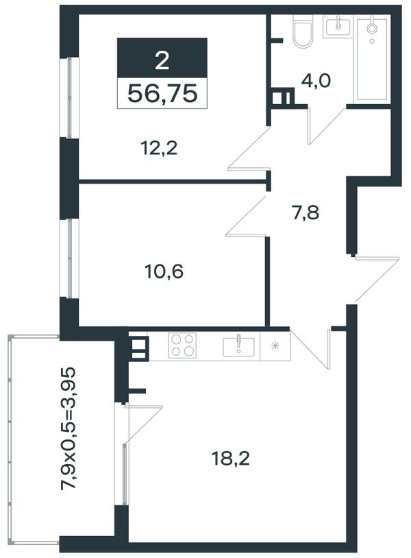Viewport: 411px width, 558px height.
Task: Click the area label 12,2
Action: [159, 148]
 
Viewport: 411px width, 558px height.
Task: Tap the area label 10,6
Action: [164, 272]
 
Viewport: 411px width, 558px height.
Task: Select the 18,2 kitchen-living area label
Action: [230, 459]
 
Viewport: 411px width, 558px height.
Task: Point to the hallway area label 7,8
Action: [306, 213]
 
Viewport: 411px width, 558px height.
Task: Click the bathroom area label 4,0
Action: [316, 81]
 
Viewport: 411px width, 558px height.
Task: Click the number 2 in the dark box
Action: [162, 60]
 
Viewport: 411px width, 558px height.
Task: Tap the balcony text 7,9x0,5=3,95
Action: [68, 429]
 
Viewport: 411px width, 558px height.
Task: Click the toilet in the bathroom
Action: [303, 32]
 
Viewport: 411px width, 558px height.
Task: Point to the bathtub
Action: [372, 60]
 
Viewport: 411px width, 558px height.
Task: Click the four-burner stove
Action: [182, 345]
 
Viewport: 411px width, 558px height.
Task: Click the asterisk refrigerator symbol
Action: [275, 345]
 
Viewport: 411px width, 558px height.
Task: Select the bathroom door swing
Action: [326, 125]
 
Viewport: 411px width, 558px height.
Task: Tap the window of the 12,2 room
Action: [68, 97]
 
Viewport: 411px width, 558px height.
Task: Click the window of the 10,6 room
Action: [68, 258]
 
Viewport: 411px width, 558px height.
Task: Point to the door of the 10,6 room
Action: [247, 215]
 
